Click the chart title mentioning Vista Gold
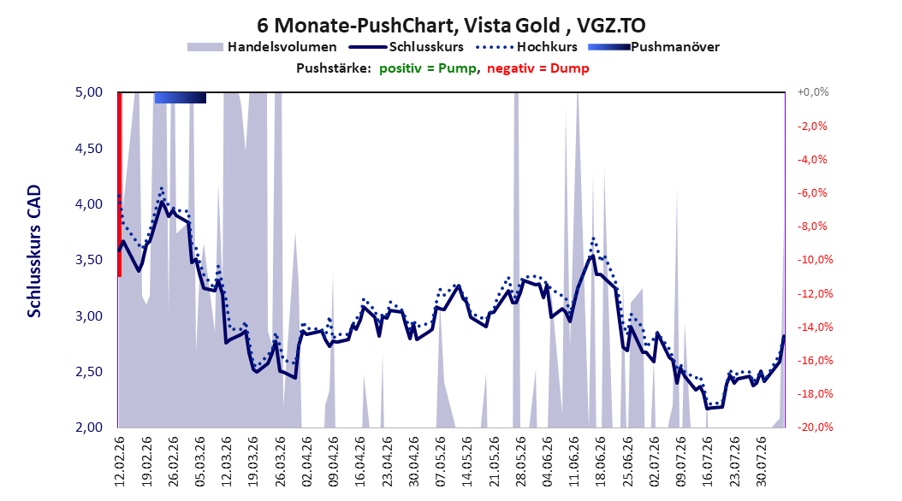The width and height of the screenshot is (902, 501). (451, 26)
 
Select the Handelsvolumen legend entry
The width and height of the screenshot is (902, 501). (263, 47)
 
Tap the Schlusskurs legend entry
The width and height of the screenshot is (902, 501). (406, 47)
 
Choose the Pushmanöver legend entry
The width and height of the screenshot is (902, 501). (654, 47)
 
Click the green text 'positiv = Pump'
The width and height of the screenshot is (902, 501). (428, 68)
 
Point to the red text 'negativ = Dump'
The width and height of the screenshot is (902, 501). (538, 68)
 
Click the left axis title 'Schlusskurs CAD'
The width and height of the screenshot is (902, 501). (34, 251)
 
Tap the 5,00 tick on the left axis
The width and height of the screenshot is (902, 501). (89, 92)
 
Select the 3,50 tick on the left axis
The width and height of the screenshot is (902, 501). (89, 260)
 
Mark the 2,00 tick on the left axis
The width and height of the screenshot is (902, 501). (89, 427)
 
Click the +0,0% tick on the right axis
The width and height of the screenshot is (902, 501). (813, 92)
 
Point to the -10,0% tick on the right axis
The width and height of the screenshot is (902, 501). (815, 260)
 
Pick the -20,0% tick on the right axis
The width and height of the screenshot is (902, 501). (815, 427)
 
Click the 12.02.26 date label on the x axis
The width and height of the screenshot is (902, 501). (120, 462)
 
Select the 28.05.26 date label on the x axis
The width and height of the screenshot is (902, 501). (520, 462)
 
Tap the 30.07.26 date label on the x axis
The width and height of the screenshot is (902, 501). (761, 462)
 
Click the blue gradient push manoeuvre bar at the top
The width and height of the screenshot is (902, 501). (180, 97)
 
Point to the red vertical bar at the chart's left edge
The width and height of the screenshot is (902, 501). (120, 185)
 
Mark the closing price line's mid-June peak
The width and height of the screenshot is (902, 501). (592, 255)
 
